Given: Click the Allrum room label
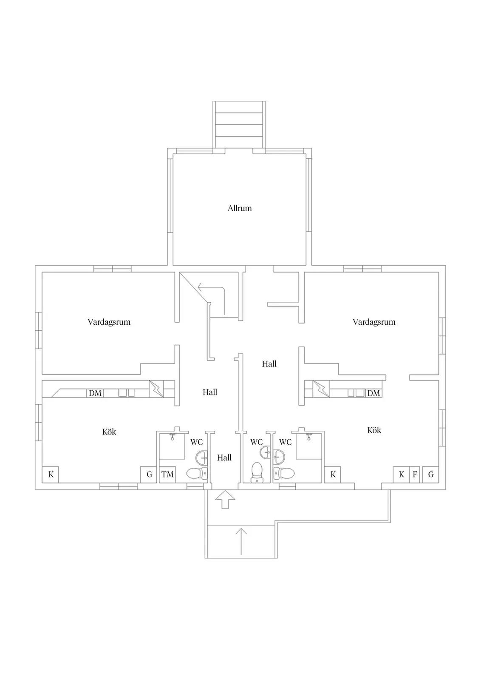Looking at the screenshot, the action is (240, 208).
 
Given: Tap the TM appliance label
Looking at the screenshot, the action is (167, 474).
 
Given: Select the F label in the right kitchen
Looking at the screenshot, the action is (415, 474).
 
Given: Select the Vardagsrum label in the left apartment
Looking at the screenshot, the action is (109, 322).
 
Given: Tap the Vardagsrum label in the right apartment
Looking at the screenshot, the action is (374, 322).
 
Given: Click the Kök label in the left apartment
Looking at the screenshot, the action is (109, 432).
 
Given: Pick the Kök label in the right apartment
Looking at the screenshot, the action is (374, 430).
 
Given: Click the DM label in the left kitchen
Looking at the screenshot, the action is (95, 393).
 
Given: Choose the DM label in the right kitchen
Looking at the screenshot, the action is (373, 393).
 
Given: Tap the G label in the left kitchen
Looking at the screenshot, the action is (149, 474).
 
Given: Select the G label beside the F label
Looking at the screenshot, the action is (431, 474).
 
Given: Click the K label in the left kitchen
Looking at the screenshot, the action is (51, 474).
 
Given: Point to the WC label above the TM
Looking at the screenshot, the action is (197, 442).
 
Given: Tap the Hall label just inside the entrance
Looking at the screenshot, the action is (224, 458).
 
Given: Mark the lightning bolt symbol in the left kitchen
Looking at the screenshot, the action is (156, 389).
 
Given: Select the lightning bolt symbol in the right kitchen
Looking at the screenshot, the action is (321, 389).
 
